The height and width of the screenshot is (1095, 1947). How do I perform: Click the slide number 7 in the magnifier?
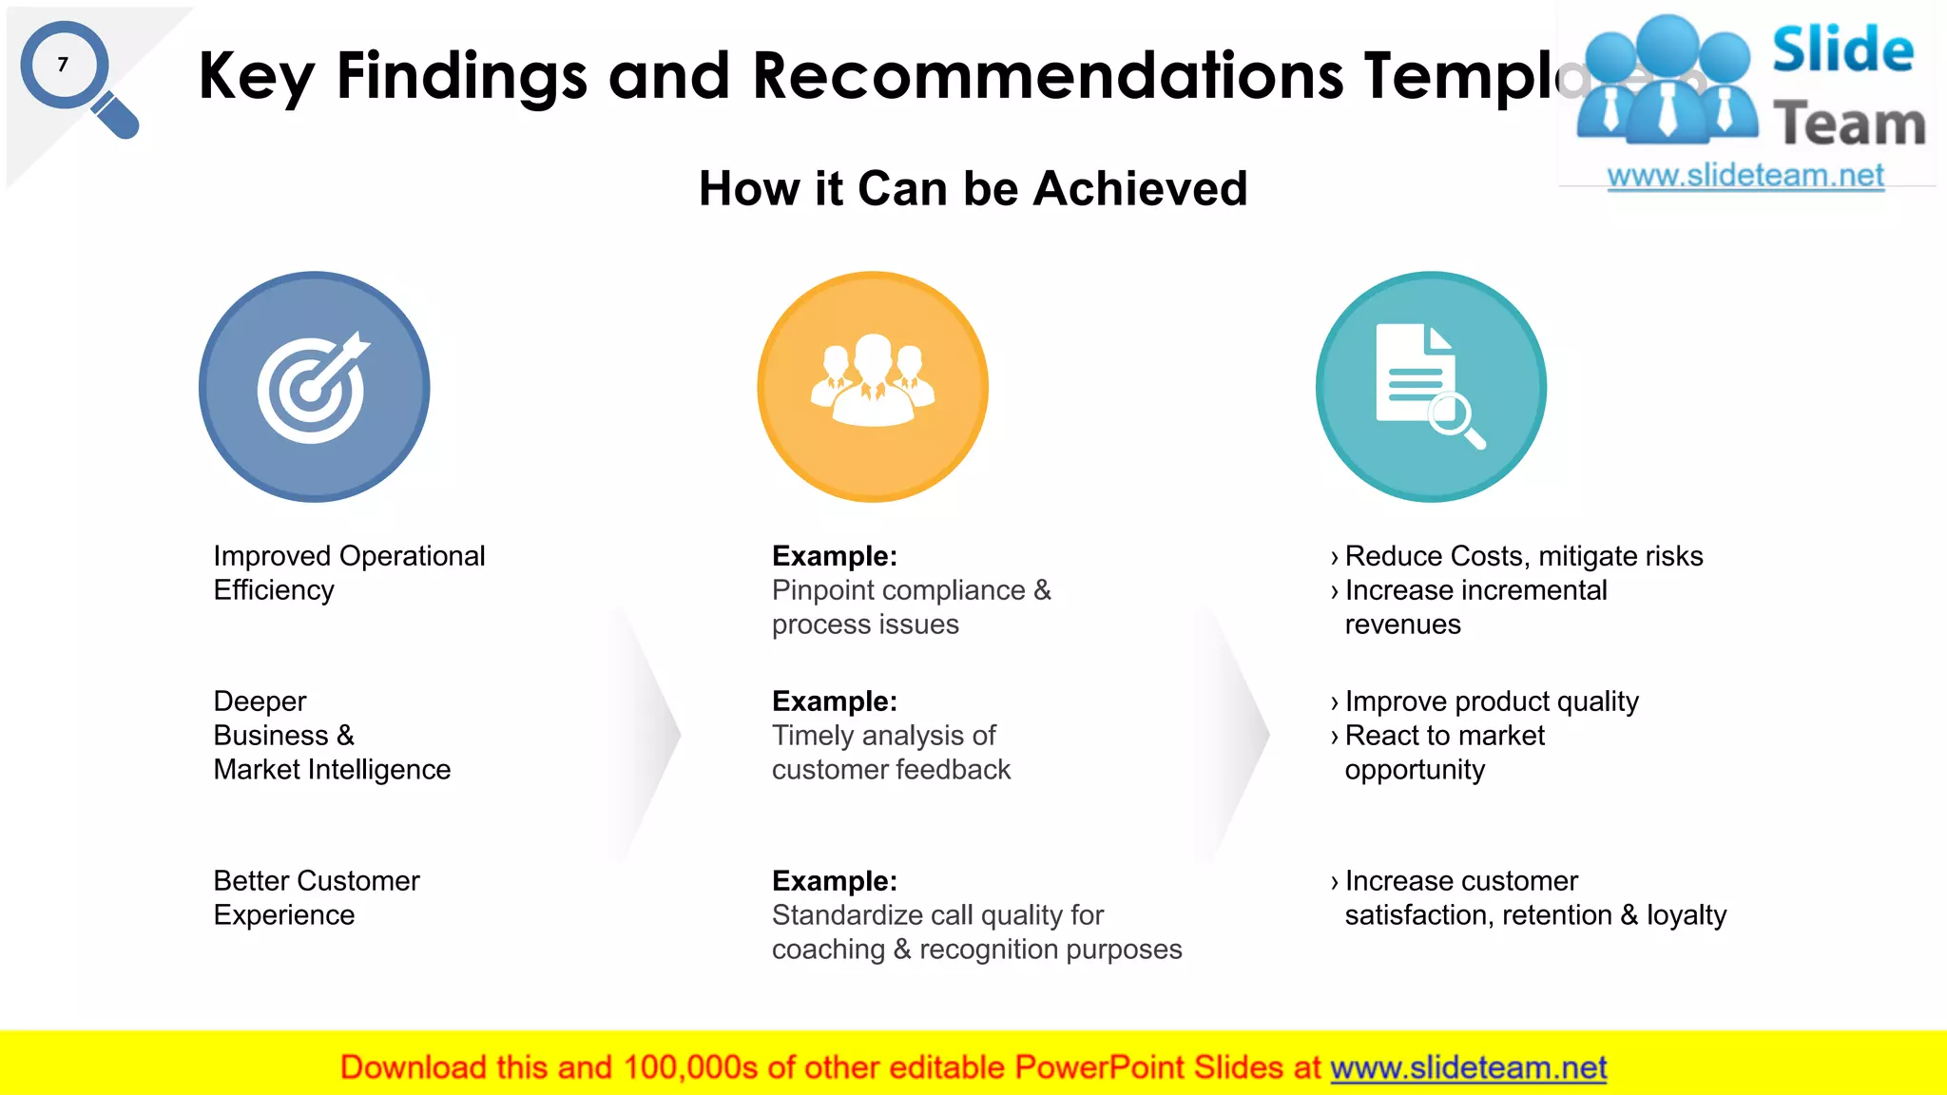click(x=63, y=65)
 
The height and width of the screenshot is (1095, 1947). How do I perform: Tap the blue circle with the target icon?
click(x=314, y=387)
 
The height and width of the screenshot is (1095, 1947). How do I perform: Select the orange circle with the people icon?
click(x=873, y=387)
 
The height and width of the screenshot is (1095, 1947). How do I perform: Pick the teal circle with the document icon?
click(x=1431, y=387)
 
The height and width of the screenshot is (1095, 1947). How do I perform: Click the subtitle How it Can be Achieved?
click(x=973, y=188)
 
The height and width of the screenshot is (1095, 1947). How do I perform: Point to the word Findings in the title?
click(x=462, y=76)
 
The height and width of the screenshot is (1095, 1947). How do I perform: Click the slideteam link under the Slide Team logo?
click(x=1745, y=176)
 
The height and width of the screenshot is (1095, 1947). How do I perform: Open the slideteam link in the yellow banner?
click(x=1468, y=1067)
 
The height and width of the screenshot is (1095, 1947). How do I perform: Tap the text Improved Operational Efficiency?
click(x=348, y=572)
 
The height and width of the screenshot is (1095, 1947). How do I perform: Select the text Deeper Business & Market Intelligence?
click(x=331, y=735)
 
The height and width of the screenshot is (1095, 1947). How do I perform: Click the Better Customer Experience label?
click(x=316, y=897)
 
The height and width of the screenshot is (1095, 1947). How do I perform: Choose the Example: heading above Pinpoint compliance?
click(x=834, y=556)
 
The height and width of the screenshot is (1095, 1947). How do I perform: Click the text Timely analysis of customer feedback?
click(x=890, y=752)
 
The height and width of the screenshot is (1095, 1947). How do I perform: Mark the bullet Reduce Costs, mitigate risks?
click(x=1523, y=556)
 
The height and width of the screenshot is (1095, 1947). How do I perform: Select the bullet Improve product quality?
click(x=1491, y=701)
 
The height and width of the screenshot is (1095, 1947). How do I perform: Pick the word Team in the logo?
click(x=1848, y=125)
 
